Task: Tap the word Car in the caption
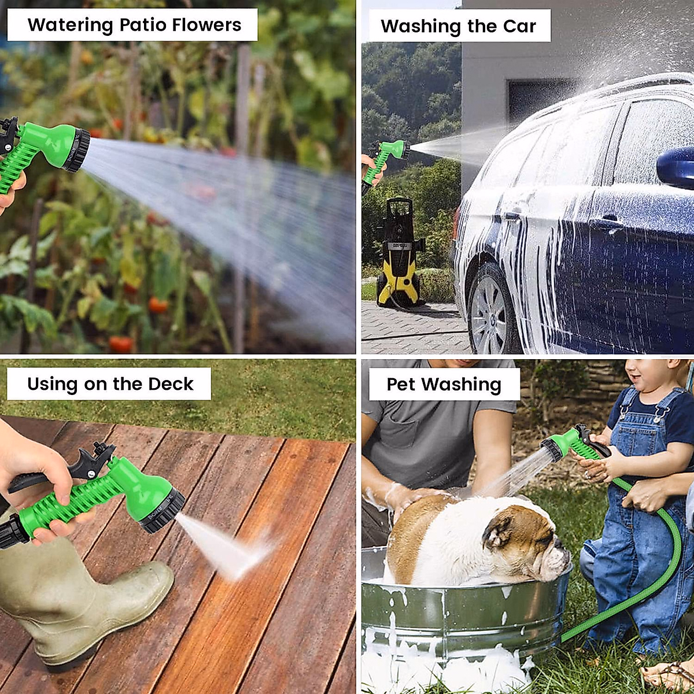coord(519,26)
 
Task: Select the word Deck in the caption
coord(171,384)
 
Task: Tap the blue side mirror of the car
coord(677,168)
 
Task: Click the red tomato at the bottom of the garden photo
coord(120,345)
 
